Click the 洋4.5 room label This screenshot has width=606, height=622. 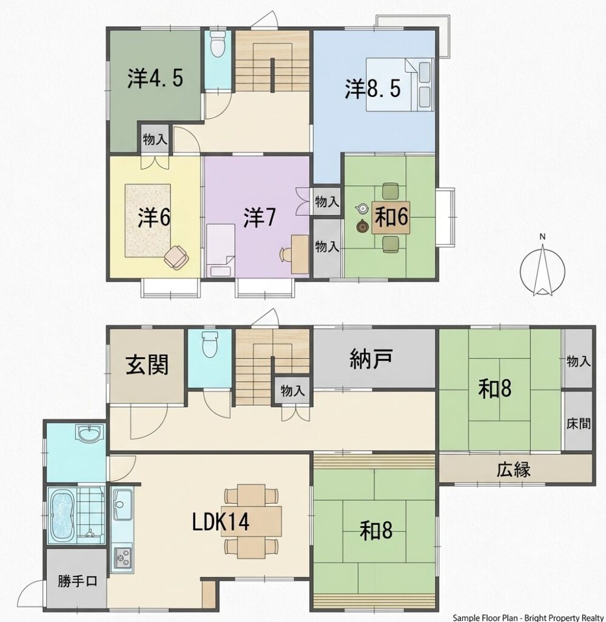tap(155, 78)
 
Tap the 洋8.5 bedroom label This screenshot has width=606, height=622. tap(372, 89)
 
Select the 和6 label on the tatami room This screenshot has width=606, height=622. tap(391, 217)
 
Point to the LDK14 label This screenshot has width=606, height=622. tap(221, 521)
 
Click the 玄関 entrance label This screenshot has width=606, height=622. tap(147, 365)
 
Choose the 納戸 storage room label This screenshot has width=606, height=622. tap(371, 358)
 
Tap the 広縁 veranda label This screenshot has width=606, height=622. tap(513, 470)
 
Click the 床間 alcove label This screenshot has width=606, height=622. tap(578, 423)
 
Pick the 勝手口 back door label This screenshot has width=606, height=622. tap(77, 581)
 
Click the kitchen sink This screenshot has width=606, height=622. tap(123, 504)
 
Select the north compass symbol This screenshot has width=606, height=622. tap(542, 268)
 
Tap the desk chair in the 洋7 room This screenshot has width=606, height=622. tap(286, 254)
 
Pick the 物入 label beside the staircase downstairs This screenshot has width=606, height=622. tap(293, 391)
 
